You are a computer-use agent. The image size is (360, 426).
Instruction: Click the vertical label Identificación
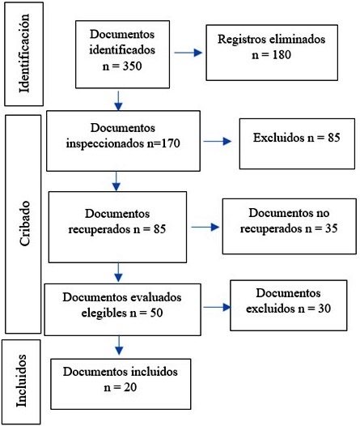pos(24,53)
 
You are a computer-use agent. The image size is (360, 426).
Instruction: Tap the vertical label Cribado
pos(24,224)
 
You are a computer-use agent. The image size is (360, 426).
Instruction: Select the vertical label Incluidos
pos(21,381)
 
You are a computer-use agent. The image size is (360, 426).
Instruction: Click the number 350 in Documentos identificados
pos(132,66)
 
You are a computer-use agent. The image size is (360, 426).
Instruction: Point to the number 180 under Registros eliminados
pos(282,54)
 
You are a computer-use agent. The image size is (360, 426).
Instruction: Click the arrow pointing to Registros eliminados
pos(188,53)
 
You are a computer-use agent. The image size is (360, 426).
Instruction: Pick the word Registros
pos(238,40)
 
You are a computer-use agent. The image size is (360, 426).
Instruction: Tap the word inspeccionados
pos(105,143)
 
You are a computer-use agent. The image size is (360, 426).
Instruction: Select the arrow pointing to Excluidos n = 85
pos(218,141)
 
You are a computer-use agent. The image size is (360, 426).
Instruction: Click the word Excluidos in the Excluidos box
pos(279,138)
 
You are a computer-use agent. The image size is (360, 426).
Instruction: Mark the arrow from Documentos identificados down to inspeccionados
pos(118,100)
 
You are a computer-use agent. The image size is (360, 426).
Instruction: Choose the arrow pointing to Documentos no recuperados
pos(205,227)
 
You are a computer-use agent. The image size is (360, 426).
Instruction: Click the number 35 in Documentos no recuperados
pos(331,228)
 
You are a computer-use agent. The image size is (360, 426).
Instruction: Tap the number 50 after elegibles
pos(156,313)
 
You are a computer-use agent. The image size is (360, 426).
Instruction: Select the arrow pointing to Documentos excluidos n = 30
pos(217,307)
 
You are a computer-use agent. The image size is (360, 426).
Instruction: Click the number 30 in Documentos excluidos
pos(324,309)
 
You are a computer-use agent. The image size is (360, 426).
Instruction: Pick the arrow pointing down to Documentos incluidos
pos(119,345)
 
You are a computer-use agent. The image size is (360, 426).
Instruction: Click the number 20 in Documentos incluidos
pos(130,387)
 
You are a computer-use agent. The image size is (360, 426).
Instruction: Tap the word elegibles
pos(104,313)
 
